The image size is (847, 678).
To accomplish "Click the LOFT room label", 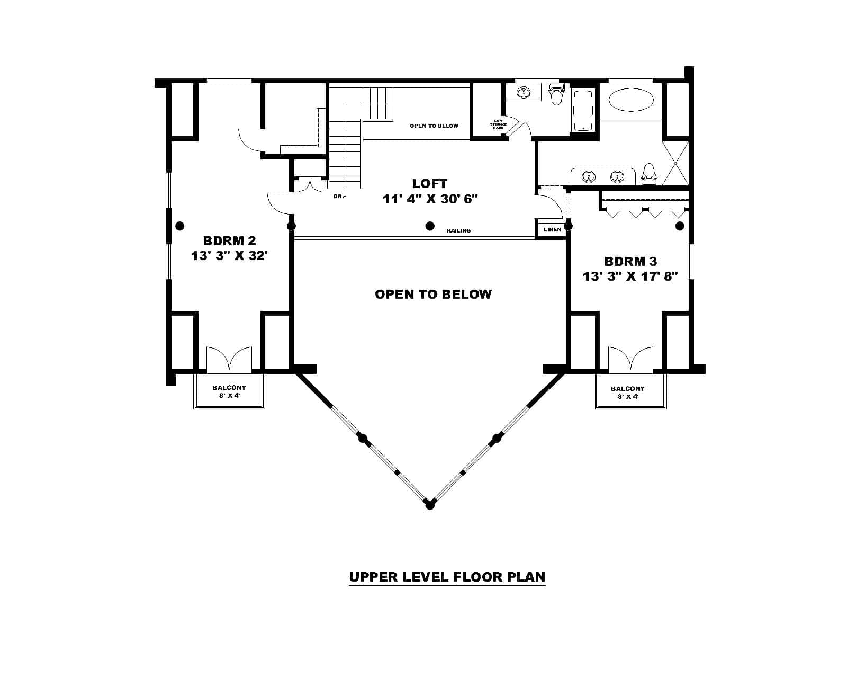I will (430, 184).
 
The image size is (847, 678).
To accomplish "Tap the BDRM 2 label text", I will (229, 242).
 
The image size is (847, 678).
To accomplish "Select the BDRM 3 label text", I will (630, 262).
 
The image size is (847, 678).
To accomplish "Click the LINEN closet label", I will (552, 230).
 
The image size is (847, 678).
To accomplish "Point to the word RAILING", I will (458, 231).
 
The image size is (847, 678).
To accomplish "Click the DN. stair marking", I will (339, 197).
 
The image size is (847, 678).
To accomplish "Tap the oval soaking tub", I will (630, 100).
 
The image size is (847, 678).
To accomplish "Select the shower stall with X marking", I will (676, 163).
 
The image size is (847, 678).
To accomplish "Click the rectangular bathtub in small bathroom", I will (583, 110).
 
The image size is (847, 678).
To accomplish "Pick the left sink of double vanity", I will (588, 176).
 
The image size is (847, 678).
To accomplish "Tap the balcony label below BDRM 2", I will (229, 391).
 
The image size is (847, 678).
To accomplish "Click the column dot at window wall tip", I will (430, 506).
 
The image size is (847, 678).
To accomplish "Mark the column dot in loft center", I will (430, 226).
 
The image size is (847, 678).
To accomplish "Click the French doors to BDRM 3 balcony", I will (630, 359).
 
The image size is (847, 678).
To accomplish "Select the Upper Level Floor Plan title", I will (447, 577).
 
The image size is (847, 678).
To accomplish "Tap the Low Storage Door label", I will (499, 124).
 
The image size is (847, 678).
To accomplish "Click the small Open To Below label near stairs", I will (434, 126).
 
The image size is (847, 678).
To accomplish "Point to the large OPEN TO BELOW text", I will (433, 295).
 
